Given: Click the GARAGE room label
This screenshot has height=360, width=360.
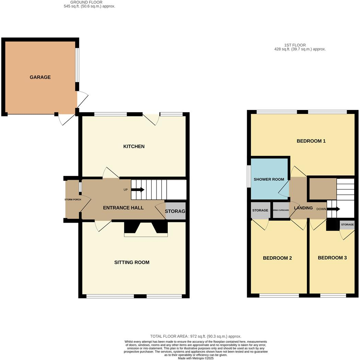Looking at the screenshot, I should (x=40, y=77).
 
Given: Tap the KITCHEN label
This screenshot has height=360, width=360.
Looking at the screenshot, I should (x=134, y=147).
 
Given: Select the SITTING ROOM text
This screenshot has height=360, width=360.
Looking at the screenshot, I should (x=132, y=262).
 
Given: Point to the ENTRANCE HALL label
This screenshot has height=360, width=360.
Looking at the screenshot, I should (x=123, y=208).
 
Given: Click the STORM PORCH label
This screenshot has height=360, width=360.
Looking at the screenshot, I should (x=72, y=200).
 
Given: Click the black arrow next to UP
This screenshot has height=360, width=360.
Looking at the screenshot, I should (x=139, y=189).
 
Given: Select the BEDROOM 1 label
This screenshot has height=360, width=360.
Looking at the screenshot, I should (x=311, y=141).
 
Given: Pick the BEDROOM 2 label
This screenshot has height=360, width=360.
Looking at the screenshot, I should (x=277, y=258).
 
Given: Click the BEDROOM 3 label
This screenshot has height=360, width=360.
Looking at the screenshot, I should (x=332, y=258).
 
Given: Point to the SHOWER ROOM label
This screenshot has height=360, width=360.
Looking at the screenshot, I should (x=269, y=179).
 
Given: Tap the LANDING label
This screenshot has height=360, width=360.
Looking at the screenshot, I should (x=303, y=208).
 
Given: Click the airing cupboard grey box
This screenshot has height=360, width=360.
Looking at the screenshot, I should (x=281, y=211).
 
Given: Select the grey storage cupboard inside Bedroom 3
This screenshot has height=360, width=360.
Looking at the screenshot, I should (x=347, y=225).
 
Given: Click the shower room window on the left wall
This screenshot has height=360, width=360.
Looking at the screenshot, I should (x=249, y=177).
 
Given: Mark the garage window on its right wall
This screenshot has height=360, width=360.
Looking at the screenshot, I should (x=77, y=65).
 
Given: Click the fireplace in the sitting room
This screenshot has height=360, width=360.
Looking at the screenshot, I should (x=146, y=229).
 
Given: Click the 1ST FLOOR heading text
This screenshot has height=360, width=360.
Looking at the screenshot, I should (x=295, y=45).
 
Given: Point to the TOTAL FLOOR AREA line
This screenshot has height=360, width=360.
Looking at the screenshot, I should (x=196, y=336).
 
